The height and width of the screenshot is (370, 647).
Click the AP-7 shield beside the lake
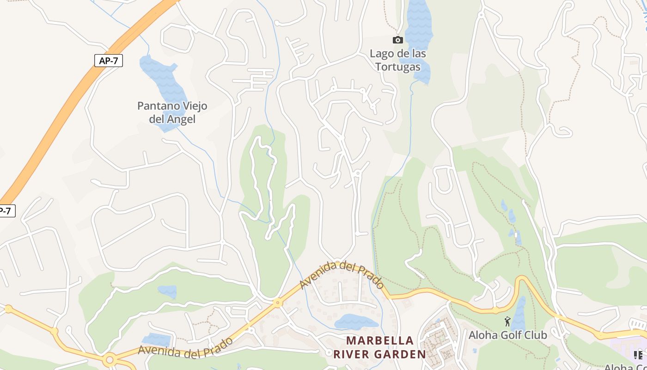(109, 61)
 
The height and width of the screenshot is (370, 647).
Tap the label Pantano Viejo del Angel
(172, 112)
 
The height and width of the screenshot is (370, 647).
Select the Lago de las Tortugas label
(398, 60)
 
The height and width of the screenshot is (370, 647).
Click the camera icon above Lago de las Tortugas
(397, 40)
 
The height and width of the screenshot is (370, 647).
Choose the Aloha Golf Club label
(508, 335)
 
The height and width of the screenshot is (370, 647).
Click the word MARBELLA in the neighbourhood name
(380, 341)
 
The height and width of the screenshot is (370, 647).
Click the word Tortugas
(398, 67)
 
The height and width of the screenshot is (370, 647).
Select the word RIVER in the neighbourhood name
(353, 355)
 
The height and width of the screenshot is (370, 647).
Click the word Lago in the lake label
(382, 54)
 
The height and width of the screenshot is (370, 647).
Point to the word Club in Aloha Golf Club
(535, 335)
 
